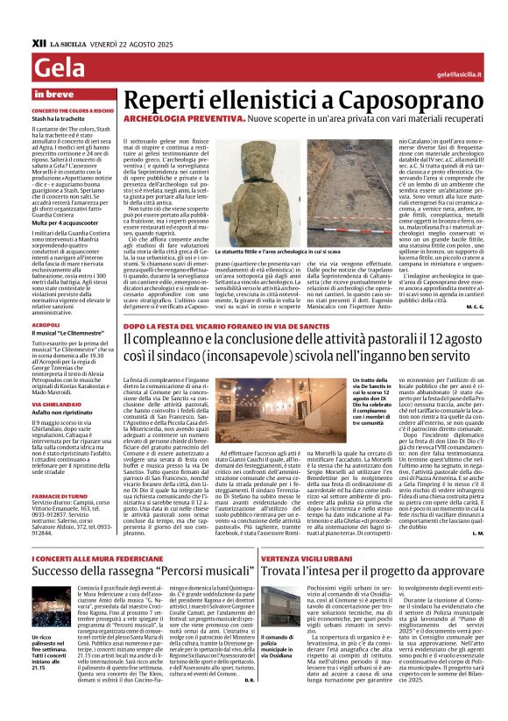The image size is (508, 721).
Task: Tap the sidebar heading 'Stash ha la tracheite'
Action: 59,120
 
